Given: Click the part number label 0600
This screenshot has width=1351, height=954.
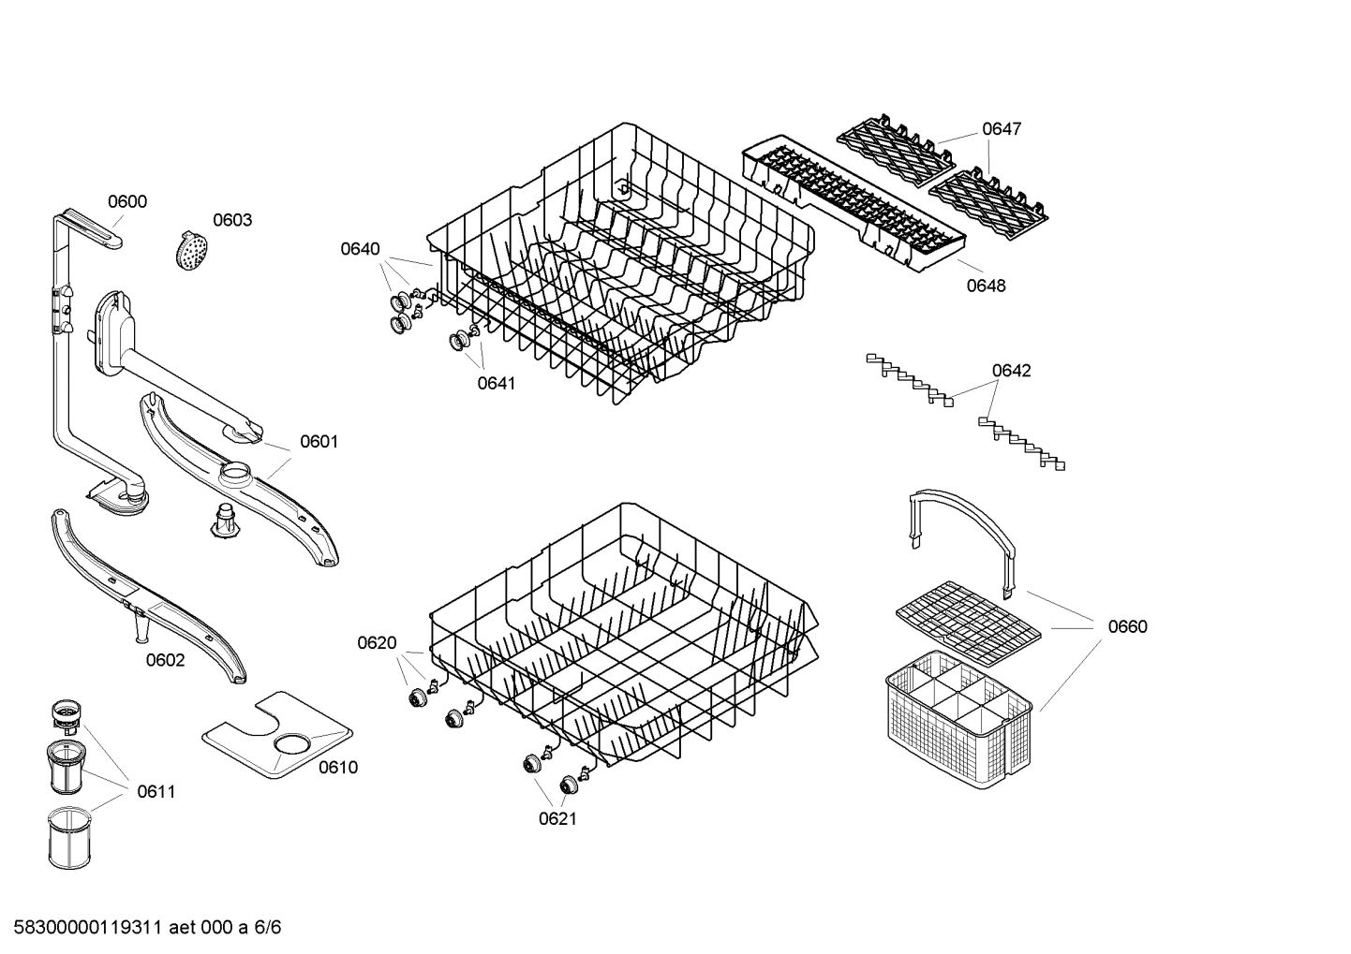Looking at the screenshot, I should [126, 201].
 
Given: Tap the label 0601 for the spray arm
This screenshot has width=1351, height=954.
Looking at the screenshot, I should [319, 441].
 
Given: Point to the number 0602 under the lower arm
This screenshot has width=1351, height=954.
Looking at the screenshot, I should [165, 660].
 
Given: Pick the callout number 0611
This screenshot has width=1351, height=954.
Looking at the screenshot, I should [156, 792].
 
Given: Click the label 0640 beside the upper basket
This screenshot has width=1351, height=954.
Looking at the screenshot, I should [360, 248].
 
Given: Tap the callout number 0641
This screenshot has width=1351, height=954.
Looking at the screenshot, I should [497, 383].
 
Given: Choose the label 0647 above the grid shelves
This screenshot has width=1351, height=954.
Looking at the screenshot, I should [1002, 129].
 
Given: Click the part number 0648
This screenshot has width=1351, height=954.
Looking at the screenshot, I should [986, 286].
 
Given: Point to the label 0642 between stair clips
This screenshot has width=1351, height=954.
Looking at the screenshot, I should [1011, 371].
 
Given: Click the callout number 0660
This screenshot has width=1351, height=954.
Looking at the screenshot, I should [1127, 626].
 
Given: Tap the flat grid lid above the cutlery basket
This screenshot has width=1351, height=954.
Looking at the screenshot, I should [968, 618].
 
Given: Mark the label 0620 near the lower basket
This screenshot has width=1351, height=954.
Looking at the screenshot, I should [377, 643].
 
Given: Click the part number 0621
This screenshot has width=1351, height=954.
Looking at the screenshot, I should [557, 819].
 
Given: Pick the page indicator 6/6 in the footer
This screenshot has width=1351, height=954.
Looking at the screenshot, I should [268, 928].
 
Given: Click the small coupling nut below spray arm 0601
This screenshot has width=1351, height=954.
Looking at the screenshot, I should [225, 521].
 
